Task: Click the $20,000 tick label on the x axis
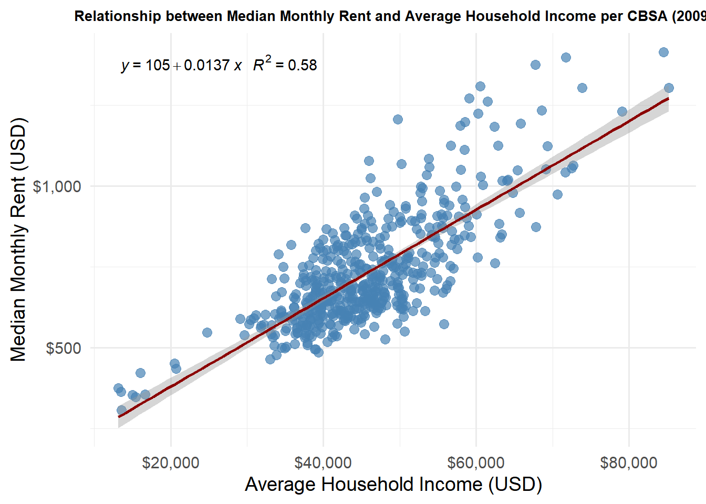pyautogui.click(x=171, y=463)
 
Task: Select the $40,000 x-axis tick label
pyautogui.click(x=323, y=463)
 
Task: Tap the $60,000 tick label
pyautogui.click(x=476, y=463)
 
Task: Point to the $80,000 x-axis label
pyautogui.click(x=629, y=463)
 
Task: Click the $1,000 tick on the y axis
pyautogui.click(x=57, y=186)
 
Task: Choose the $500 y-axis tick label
pyautogui.click(x=64, y=348)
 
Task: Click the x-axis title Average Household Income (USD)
pyautogui.click(x=393, y=484)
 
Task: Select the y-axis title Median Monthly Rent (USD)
pyautogui.click(x=18, y=239)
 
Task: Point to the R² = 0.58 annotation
pyautogui.click(x=285, y=65)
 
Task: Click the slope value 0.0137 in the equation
pyautogui.click(x=207, y=65)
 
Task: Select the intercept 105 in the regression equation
pyautogui.click(x=158, y=65)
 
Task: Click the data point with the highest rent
pyautogui.click(x=663, y=52)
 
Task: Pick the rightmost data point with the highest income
pyautogui.click(x=669, y=88)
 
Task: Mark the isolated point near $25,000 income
pyautogui.click(x=207, y=332)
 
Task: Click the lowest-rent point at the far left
pyautogui.click(x=121, y=410)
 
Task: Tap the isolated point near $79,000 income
pyautogui.click(x=622, y=111)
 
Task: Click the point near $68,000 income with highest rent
pyautogui.click(x=535, y=65)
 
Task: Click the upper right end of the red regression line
pyautogui.click(x=668, y=98)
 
